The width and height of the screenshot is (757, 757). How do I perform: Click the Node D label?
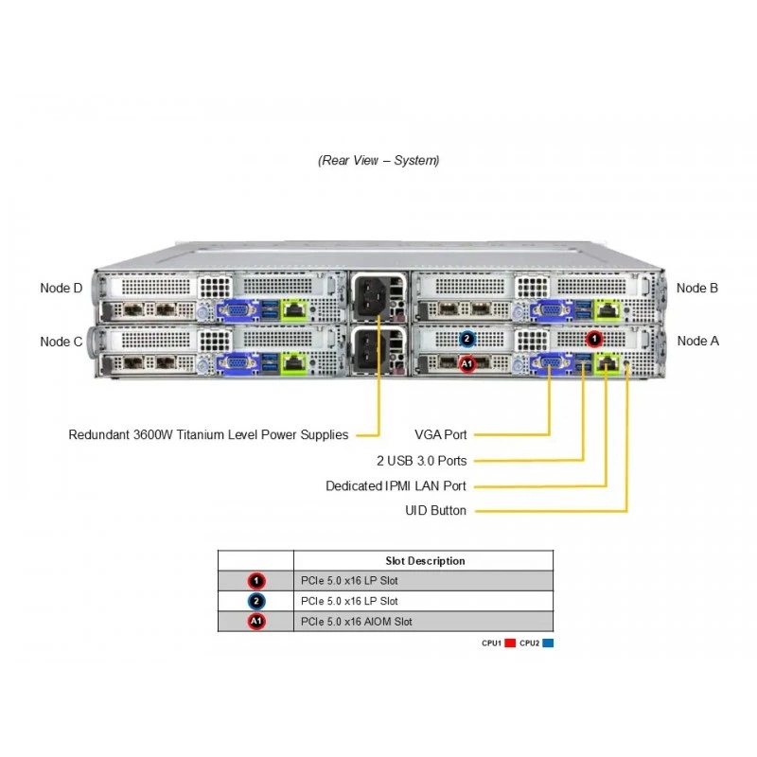pyautogui.click(x=62, y=289)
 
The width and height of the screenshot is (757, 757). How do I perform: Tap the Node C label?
pyautogui.click(x=62, y=342)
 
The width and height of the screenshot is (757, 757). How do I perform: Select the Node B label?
pyautogui.click(x=697, y=289)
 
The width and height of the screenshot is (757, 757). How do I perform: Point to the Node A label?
pyautogui.click(x=698, y=341)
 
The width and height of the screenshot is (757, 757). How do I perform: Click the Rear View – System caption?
pyautogui.click(x=378, y=160)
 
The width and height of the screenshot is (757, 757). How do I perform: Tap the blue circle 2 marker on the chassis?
pyautogui.click(x=467, y=339)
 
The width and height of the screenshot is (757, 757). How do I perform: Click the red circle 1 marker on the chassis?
pyautogui.click(x=594, y=339)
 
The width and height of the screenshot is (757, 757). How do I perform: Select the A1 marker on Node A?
pyautogui.click(x=467, y=363)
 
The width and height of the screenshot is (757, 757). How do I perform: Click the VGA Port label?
pyautogui.click(x=441, y=434)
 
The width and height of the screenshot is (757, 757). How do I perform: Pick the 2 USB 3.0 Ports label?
pyautogui.click(x=422, y=461)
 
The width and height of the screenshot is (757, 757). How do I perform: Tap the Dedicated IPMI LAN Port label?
pyautogui.click(x=396, y=485)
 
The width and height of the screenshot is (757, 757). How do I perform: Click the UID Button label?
pyautogui.click(x=436, y=510)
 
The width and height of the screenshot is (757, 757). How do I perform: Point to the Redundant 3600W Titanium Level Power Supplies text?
pyautogui.click(x=208, y=434)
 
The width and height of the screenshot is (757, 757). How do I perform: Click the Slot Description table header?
pyautogui.click(x=425, y=561)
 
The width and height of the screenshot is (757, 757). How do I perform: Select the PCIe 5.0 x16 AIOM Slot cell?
pyautogui.click(x=357, y=622)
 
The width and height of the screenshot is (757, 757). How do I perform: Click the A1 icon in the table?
pyautogui.click(x=256, y=622)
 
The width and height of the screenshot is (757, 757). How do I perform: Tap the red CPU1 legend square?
pyautogui.click(x=510, y=643)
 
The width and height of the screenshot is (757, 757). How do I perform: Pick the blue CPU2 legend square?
pyautogui.click(x=548, y=643)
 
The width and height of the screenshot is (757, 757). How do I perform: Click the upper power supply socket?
pyautogui.click(x=371, y=295)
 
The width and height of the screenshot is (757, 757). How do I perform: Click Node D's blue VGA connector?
pyautogui.click(x=236, y=310)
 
